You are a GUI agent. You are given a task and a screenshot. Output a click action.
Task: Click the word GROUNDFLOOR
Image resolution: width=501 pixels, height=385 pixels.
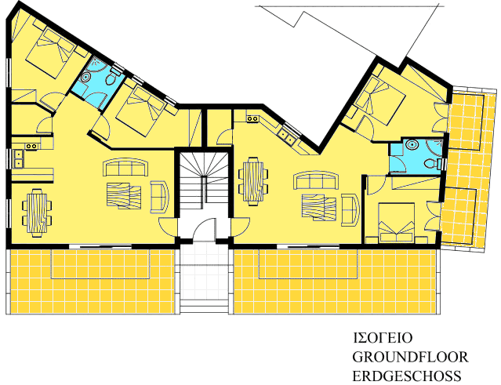pyautogui.click(x=410, y=357)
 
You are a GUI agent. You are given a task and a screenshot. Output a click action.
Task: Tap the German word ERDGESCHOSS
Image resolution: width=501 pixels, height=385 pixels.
pyautogui.click(x=407, y=376)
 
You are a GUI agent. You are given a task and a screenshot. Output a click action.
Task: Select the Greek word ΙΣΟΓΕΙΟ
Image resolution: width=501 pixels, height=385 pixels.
pyautogui.click(x=383, y=338)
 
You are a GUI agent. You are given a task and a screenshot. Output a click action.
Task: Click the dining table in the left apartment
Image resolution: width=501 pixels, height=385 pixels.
pyautogui.click(x=37, y=213)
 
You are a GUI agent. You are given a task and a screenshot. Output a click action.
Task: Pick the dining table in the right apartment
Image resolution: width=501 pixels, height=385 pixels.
pyautogui.click(x=253, y=181)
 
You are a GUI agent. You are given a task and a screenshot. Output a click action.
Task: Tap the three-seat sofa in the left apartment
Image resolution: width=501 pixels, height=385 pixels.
pyautogui.click(x=125, y=167)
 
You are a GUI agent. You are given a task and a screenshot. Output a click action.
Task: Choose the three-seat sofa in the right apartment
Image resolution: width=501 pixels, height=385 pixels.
pyautogui.click(x=316, y=180)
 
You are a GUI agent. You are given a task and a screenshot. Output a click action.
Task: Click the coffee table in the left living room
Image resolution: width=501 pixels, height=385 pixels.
pyautogui.click(x=124, y=195)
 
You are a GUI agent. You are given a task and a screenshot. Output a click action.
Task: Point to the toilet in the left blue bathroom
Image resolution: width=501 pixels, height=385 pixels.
pyautogui.click(x=111, y=78)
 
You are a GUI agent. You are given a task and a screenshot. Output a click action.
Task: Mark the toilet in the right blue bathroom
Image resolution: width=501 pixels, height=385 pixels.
pyautogui.click(x=431, y=164)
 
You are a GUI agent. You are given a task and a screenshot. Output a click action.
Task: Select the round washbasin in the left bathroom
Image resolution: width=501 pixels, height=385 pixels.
pyautogui.click(x=86, y=78)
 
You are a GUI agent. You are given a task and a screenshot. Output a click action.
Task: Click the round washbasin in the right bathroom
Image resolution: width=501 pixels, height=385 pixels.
pyautogui.click(x=412, y=145)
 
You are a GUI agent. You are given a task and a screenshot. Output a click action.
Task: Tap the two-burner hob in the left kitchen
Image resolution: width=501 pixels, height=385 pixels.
pyautogui.click(x=31, y=146)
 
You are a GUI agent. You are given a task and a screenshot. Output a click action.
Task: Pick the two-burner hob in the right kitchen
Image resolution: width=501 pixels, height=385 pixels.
pyautogui.click(x=252, y=118)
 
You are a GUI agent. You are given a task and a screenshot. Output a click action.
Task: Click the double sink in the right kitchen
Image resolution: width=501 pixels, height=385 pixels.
pyautogui.click(x=286, y=136)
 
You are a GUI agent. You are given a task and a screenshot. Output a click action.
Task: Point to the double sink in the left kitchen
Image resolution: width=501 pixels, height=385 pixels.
pyautogui.click(x=19, y=159)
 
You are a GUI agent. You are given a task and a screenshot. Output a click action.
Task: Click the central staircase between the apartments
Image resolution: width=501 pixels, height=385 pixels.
pyautogui.click(x=204, y=181)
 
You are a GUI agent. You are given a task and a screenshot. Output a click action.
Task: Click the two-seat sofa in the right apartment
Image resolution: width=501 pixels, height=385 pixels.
pyautogui.click(x=350, y=210)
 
